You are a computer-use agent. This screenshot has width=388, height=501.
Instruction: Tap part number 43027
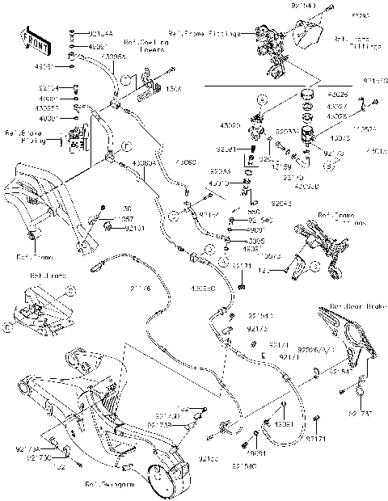[339, 106]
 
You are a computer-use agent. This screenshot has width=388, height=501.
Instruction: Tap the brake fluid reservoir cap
[307, 96]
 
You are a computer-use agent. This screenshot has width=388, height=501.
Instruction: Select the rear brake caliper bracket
[356, 339]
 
